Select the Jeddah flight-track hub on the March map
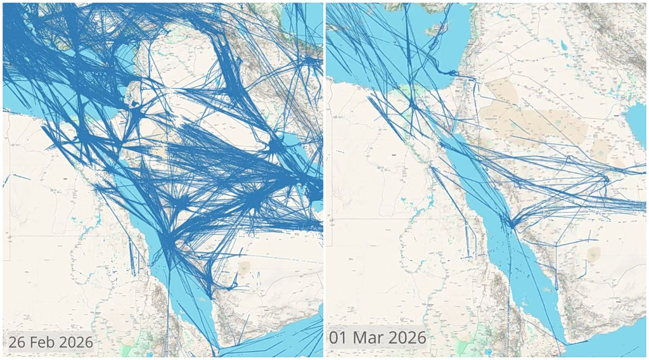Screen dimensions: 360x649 point(510,222)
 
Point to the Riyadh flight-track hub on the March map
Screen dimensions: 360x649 point(606,180)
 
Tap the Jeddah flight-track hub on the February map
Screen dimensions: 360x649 point(169,244)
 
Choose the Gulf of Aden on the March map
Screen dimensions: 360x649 point(608,345)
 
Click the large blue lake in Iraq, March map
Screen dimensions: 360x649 point(562,44)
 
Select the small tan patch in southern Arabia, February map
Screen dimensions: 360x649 point(245,267)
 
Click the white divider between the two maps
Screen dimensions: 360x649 point(324,180)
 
